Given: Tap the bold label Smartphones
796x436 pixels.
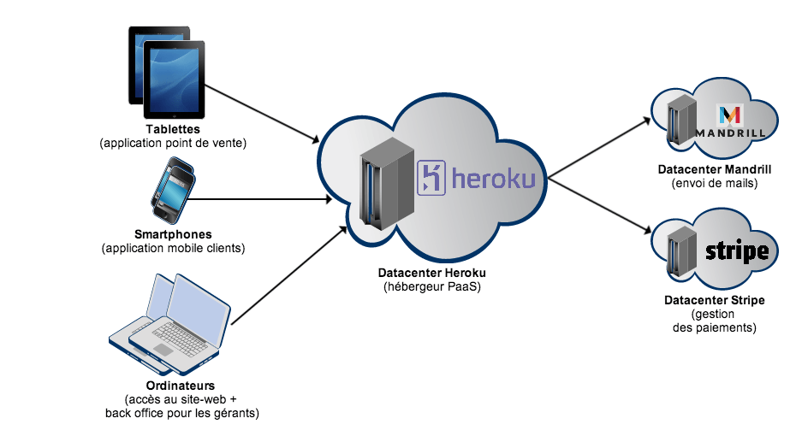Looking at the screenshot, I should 173,234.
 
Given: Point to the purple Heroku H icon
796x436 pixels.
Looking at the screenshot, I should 431,178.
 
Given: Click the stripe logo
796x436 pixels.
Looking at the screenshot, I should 737,252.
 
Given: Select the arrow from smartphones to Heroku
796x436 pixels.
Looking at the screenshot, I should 261,201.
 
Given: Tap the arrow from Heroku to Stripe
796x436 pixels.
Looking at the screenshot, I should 599,205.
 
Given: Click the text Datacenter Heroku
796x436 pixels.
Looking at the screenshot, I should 432,273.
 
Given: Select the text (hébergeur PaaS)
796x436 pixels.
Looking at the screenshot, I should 432,286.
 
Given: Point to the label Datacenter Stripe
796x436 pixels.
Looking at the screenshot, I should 714,301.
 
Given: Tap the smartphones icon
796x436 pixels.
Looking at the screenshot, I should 170,190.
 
